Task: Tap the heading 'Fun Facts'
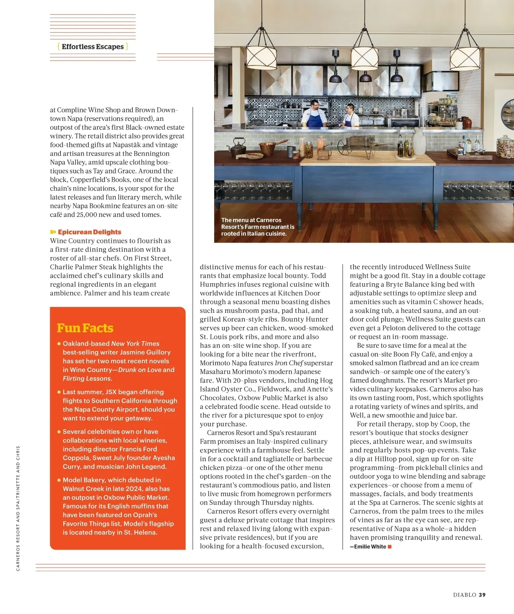tap(85, 328)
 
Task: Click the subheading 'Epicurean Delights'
tap(90, 232)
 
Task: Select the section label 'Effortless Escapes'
tap(93, 47)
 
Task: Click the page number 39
tap(482, 595)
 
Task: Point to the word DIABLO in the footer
tap(465, 595)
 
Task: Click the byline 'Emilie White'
tap(370, 547)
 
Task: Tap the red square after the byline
tap(390, 547)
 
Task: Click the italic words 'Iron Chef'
tap(289, 363)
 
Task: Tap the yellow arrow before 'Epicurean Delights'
tap(53, 232)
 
